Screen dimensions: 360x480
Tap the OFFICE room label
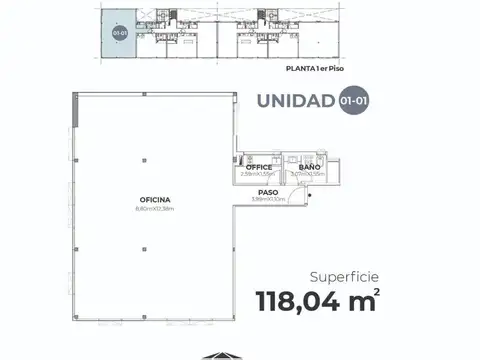click(x=259, y=167)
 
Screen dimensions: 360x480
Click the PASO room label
click(x=267, y=191)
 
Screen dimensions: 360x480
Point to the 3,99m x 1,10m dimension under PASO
click(x=267, y=198)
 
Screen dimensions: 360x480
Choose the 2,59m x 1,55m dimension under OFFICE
click(x=259, y=174)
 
